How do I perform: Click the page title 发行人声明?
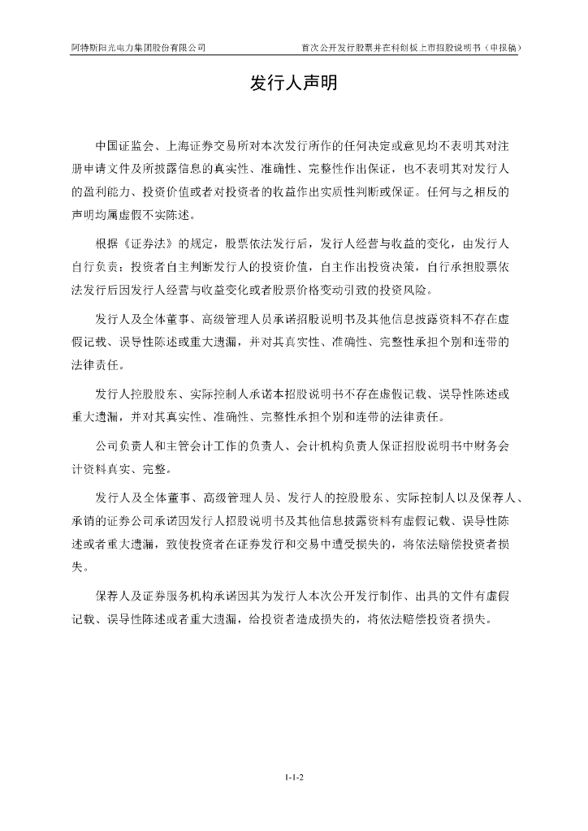point(293,84)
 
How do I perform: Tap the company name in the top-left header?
point(137,47)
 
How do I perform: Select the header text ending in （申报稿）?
point(410,47)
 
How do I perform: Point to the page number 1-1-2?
point(294,777)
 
